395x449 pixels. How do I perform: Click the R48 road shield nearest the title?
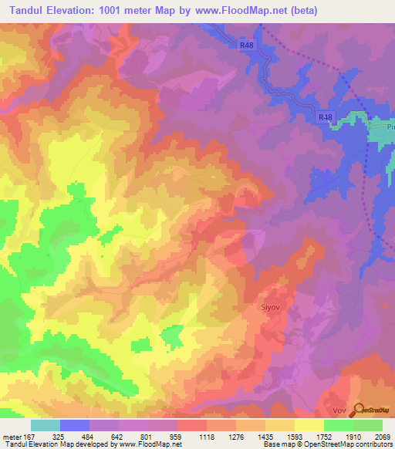click(246, 46)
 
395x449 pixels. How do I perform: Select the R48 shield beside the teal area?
click(326, 117)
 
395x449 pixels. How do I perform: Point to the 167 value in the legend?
click(25, 437)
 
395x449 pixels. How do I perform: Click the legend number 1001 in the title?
click(111, 12)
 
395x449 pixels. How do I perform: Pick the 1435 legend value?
click(264, 437)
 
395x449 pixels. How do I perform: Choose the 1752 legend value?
click(323, 437)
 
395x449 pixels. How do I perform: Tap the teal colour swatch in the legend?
click(46, 425)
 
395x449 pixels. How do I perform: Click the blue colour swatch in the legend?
click(75, 425)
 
